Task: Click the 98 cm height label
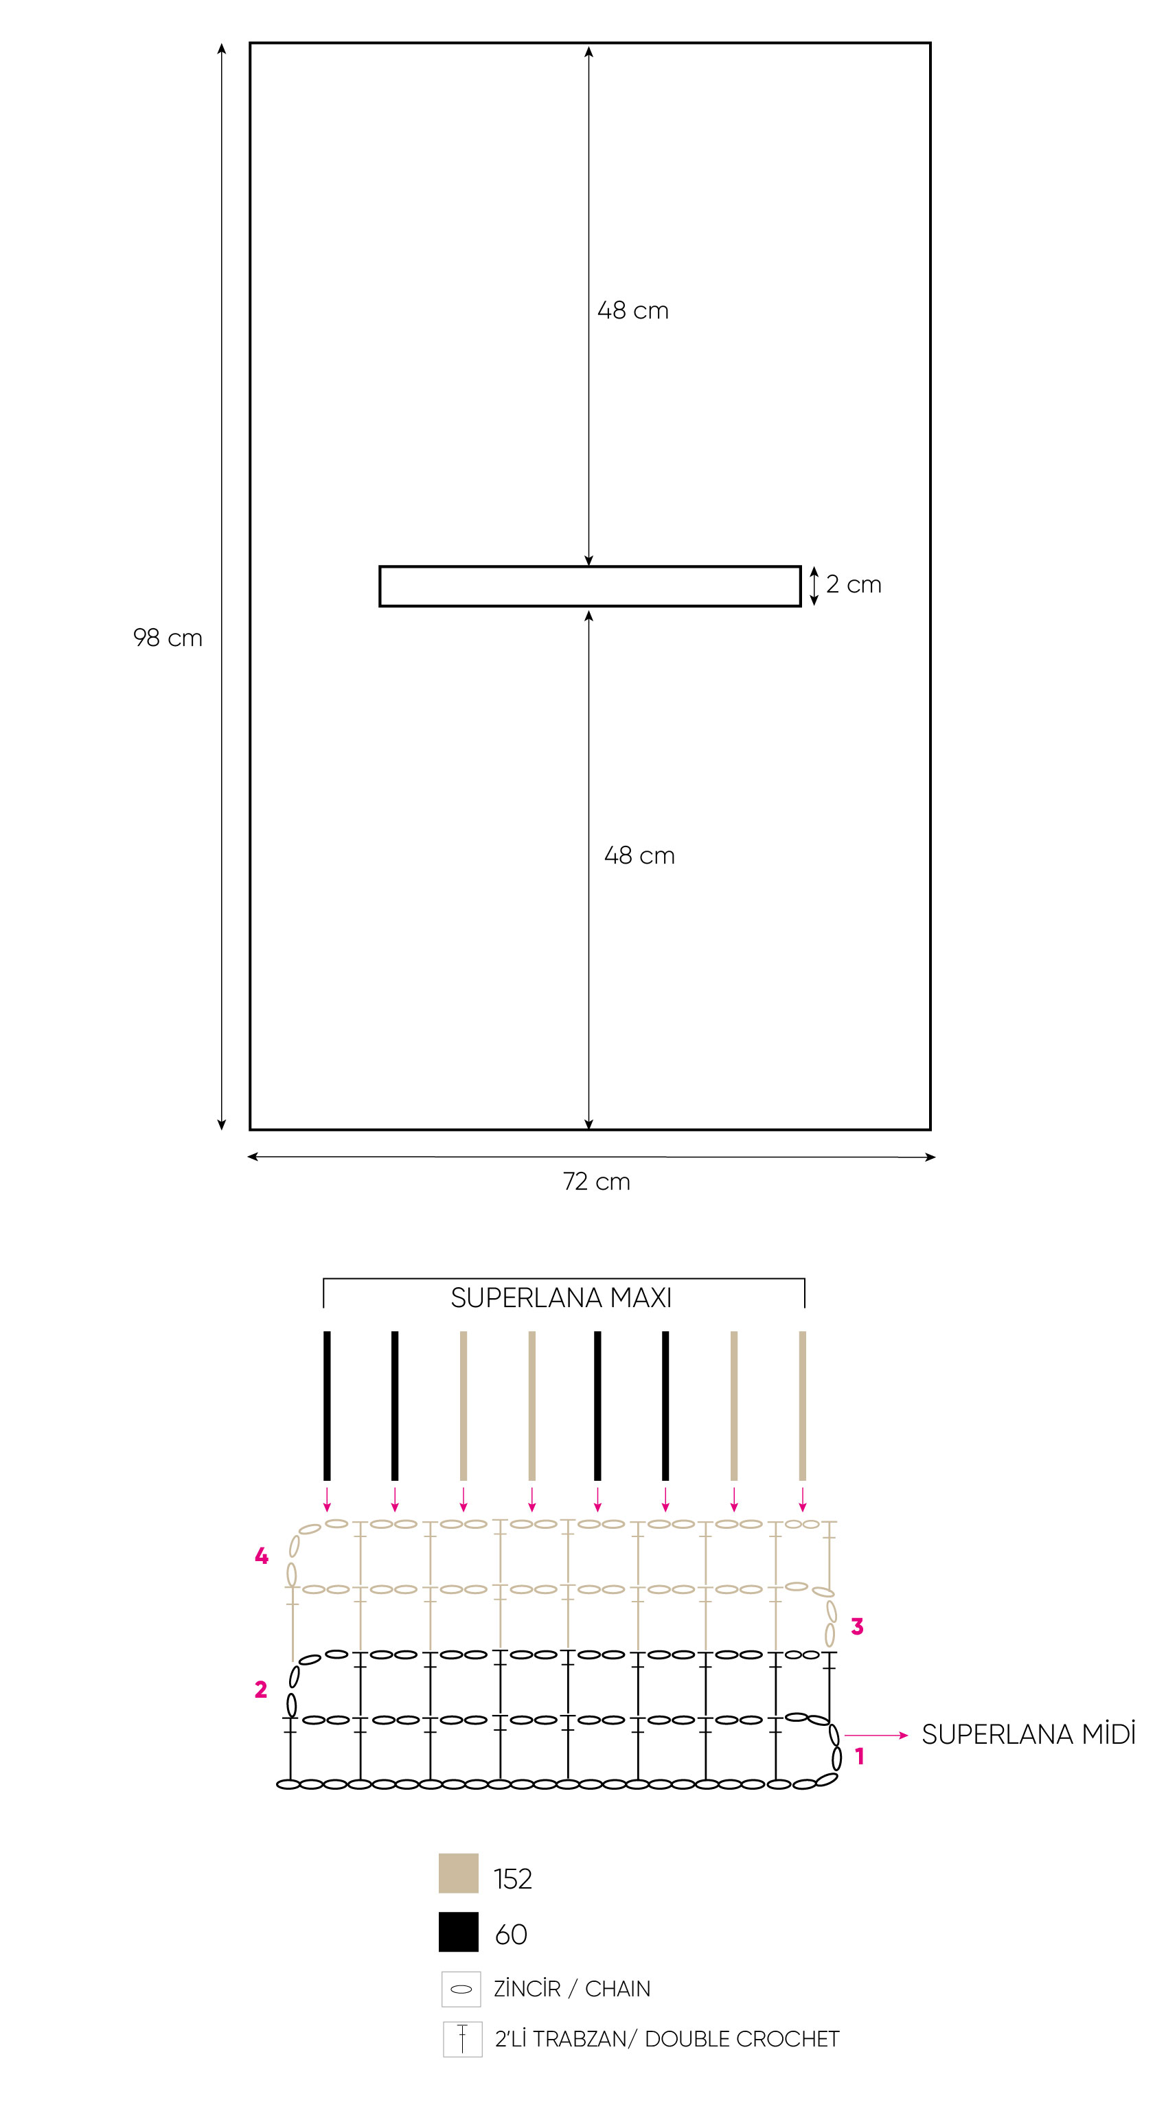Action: tap(168, 638)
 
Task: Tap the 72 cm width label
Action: tap(597, 1181)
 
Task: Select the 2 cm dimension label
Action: tap(854, 584)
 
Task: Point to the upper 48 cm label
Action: tap(632, 310)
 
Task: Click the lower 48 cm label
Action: tap(639, 855)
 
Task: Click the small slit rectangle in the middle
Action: tap(590, 567)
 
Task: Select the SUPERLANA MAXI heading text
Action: tap(561, 1298)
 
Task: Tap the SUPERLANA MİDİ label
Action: tap(1028, 1734)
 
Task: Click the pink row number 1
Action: tap(859, 1756)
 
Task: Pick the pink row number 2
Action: tap(261, 1689)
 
